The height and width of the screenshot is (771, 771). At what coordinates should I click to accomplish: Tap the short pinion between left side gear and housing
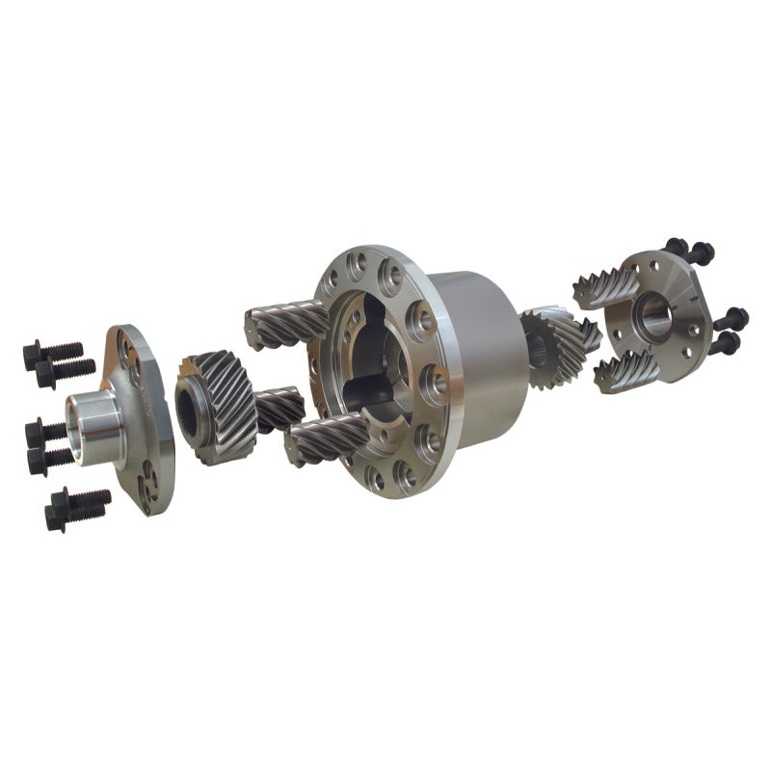[279, 409]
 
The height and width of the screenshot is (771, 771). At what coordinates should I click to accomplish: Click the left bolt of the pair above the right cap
[678, 248]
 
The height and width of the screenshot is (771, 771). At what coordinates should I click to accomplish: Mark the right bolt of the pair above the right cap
[702, 253]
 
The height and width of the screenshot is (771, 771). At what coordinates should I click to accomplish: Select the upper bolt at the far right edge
[731, 317]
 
